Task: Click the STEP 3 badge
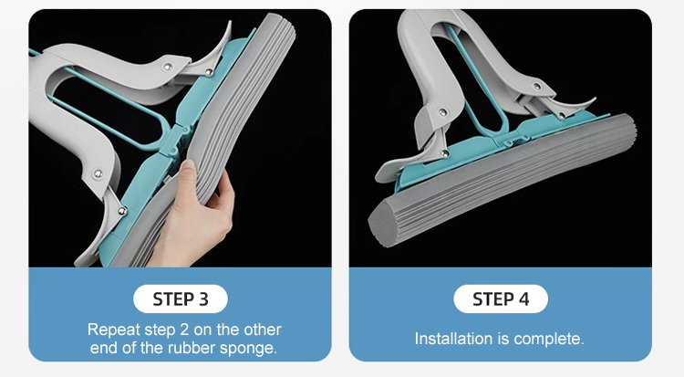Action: (x=181, y=299)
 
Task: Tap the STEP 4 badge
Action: (x=501, y=299)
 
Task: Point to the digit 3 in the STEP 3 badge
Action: (x=203, y=299)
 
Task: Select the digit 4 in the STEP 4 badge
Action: (x=523, y=299)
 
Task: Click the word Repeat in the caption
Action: (x=113, y=330)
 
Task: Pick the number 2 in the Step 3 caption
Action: (x=184, y=330)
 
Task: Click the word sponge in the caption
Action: (x=248, y=349)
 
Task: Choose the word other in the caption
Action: (x=263, y=330)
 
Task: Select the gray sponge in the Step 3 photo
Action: (x=227, y=131)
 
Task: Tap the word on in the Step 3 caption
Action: (x=202, y=330)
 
